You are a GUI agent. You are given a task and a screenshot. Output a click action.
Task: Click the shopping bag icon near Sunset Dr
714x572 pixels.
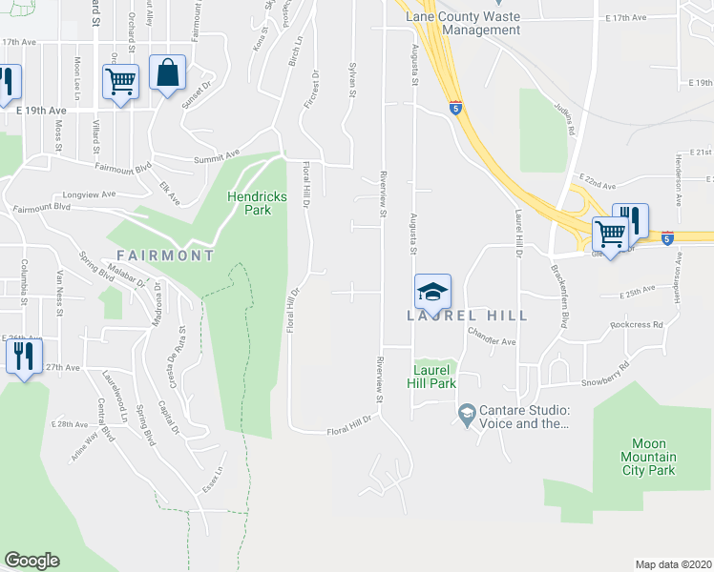167,73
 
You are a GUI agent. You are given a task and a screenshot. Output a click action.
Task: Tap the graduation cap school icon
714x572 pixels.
432,291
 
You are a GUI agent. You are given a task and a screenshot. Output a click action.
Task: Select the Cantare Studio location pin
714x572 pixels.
467,413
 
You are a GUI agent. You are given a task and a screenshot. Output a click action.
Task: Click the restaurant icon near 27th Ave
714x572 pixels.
23,356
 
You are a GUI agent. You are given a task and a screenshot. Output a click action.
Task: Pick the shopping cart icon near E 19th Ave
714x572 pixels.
121,81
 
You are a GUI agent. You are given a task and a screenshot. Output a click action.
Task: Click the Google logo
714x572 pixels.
31,561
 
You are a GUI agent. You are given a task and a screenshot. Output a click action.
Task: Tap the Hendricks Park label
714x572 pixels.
256,203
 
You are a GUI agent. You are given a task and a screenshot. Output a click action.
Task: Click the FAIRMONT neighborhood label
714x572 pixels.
165,255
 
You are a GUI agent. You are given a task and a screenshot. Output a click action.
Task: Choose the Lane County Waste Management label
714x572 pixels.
463,23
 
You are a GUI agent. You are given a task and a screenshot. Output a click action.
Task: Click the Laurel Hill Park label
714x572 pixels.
434,377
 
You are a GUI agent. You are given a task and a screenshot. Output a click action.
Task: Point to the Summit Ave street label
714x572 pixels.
217,158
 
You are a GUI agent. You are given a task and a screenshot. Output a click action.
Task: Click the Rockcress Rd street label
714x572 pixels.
637,325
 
